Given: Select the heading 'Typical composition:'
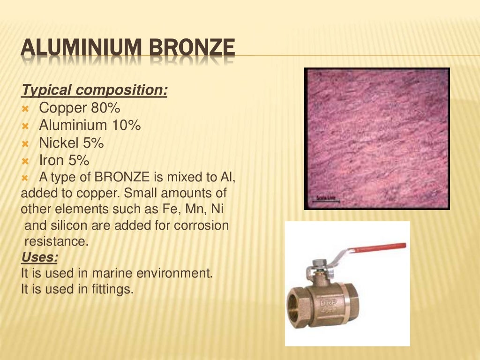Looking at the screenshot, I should tap(95, 90).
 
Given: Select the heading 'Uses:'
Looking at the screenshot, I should tap(40, 257).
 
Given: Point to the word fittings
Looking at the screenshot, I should tap(112, 289).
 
